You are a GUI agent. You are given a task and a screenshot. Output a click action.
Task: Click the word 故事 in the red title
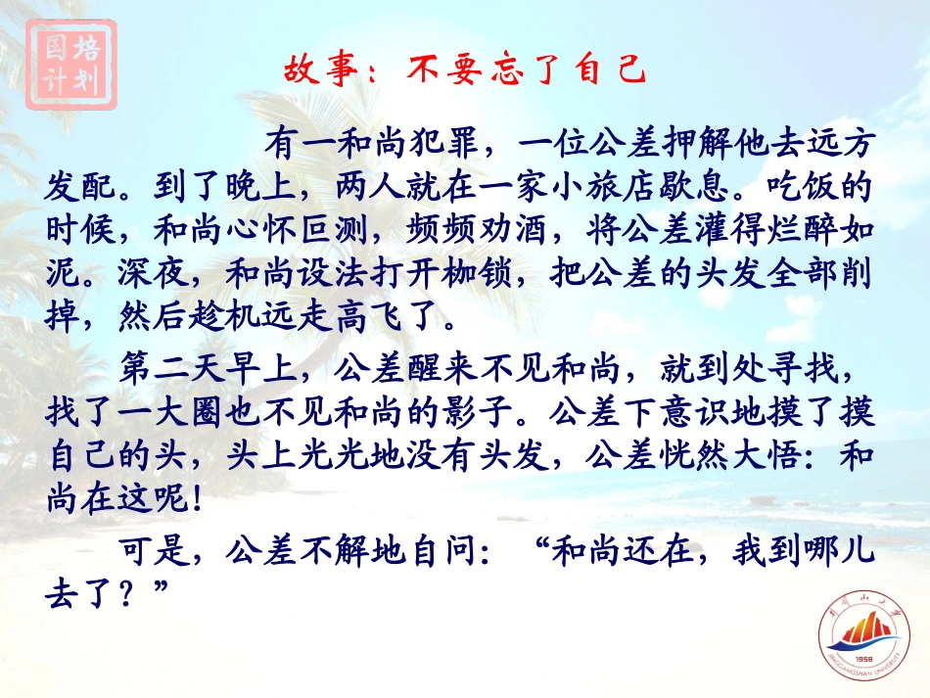point(316,70)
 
